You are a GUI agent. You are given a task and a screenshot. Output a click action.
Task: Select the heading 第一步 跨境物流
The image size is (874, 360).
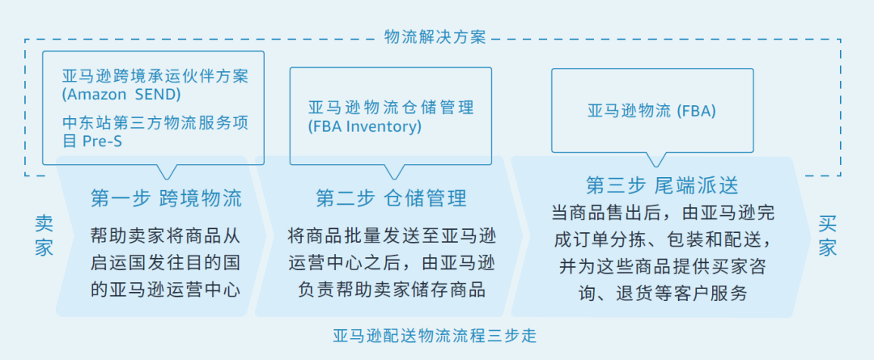166,198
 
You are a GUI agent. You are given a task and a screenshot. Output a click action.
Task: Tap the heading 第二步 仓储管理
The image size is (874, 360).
391,198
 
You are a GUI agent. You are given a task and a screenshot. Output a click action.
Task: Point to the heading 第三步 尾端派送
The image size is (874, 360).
662,185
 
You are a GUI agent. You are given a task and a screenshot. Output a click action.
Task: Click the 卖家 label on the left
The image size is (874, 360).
44,235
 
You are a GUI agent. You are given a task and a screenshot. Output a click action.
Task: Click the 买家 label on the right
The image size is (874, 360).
827,235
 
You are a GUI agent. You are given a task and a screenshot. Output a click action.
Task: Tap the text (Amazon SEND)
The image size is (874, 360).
121,94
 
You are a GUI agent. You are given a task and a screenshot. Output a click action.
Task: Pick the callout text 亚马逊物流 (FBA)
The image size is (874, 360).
651,111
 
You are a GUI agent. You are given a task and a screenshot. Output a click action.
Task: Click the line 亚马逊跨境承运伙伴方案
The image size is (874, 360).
155,76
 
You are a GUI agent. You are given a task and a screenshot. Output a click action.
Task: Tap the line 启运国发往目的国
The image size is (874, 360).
166,262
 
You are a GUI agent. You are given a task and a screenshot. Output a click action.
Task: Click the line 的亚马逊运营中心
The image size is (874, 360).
166,289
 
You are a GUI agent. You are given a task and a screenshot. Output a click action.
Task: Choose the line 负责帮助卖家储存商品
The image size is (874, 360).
386,289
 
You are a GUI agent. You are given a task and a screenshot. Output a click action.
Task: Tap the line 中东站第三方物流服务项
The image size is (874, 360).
155,122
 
